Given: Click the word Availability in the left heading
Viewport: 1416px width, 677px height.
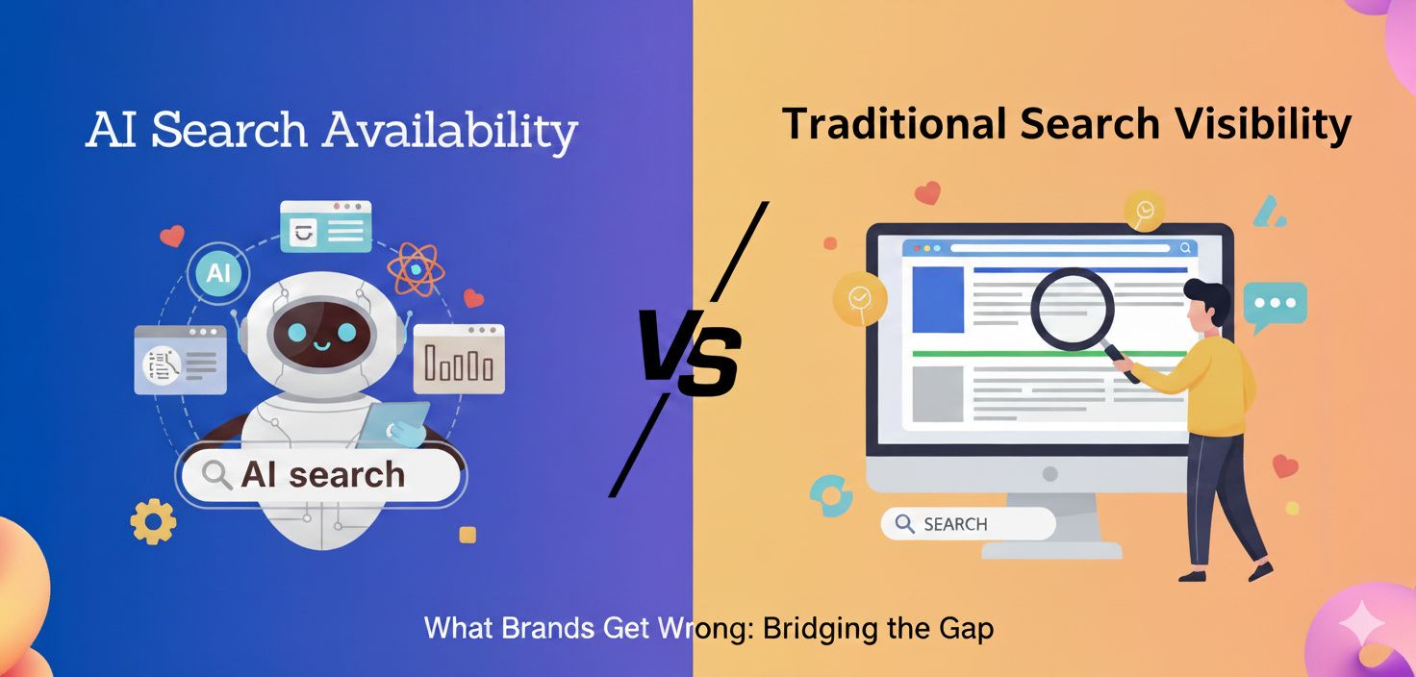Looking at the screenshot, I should pos(451,131).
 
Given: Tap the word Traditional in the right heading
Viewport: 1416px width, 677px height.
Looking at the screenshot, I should pos(882,125).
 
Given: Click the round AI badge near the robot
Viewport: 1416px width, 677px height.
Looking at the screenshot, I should pos(218,273).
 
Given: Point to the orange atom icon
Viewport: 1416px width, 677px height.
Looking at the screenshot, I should pos(415,268).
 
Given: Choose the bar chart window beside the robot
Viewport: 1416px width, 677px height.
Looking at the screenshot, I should pos(459,359).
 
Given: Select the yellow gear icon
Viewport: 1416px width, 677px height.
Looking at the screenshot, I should pos(154,521).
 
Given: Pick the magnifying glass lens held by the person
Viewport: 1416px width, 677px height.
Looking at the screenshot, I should pos(1072,309).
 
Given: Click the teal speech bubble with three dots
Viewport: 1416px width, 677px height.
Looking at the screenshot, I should pos(1275,304).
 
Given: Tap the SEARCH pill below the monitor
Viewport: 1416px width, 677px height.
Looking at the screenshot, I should pos(968,524).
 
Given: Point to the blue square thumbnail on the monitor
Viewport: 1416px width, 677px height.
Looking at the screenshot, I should pos(937,299).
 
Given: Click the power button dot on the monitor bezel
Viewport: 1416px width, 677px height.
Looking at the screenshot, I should pos(1049,474).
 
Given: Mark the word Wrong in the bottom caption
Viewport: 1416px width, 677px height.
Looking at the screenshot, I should pos(704,629).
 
